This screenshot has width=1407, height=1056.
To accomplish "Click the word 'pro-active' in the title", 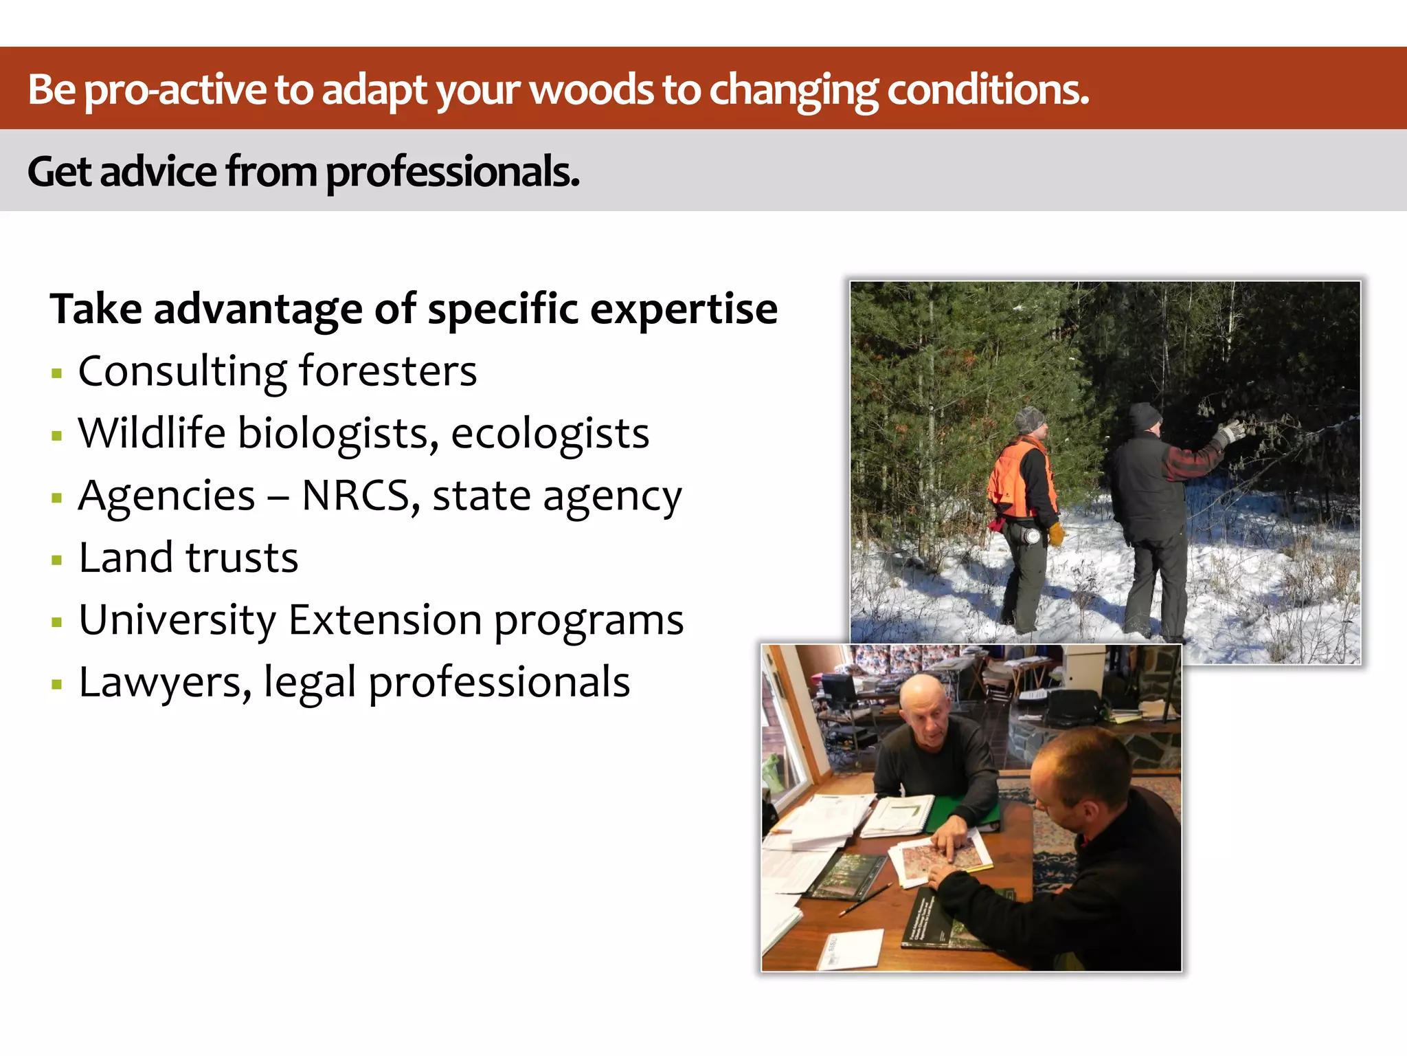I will tap(176, 90).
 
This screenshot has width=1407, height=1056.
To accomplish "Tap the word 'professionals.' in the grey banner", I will tap(452, 173).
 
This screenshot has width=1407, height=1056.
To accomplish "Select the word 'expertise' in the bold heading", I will tap(684, 309).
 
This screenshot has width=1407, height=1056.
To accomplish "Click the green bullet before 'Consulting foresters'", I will tap(57, 374).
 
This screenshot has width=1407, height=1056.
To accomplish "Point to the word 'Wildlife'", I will tap(152, 433).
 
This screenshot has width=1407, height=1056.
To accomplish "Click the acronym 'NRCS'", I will tap(355, 496).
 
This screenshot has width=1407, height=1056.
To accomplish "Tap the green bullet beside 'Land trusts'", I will tap(57, 560).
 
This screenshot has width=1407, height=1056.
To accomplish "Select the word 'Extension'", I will tap(385, 620).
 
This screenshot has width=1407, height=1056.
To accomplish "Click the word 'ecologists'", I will tap(550, 434).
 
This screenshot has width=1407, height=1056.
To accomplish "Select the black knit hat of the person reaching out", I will tap(1145, 417).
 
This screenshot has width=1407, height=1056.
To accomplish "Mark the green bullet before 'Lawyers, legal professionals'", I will tap(57, 685).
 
